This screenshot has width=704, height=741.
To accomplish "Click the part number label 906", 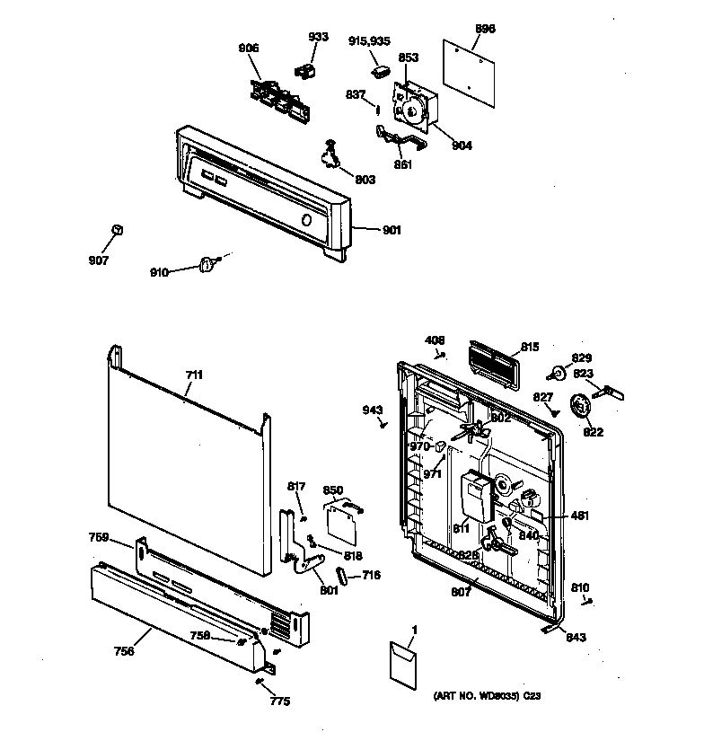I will pyautogui.click(x=248, y=49).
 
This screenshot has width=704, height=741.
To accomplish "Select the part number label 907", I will pyautogui.click(x=98, y=260).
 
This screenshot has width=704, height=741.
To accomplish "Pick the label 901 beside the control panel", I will pyautogui.click(x=392, y=231).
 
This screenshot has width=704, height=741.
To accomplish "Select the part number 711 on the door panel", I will pyautogui.click(x=194, y=375).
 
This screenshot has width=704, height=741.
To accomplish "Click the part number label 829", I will pyautogui.click(x=582, y=357).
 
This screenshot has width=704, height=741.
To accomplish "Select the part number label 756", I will pyautogui.click(x=124, y=651).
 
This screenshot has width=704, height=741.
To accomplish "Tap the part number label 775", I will pyautogui.click(x=280, y=701).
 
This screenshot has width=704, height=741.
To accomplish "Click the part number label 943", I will pyautogui.click(x=373, y=410).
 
